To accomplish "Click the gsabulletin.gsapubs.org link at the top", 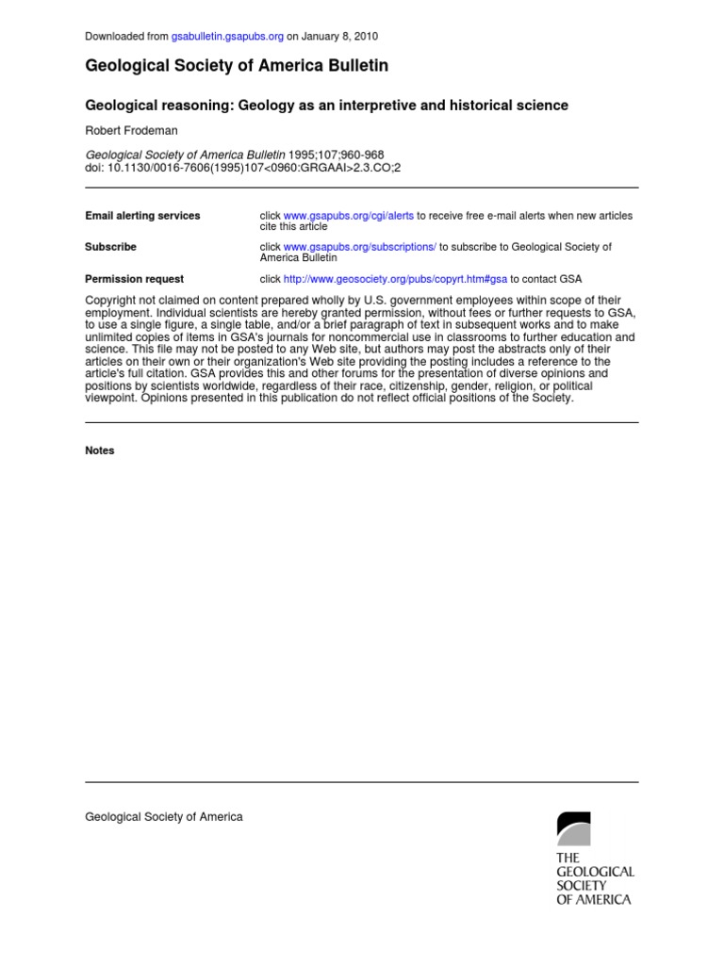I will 227,36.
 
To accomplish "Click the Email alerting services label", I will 142,216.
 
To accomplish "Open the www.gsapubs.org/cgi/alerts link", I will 349,216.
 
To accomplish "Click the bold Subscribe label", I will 110,247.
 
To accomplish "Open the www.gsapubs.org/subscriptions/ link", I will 360,247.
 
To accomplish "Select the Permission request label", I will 134,279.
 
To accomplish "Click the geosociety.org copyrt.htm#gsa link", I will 395,279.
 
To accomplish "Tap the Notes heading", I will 99,450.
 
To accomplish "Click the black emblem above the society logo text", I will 573,828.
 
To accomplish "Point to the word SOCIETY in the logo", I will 582,886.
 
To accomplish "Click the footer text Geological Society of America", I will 164,817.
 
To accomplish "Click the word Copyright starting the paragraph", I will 112,301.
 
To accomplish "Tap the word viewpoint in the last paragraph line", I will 111,398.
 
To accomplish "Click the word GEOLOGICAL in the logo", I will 595,872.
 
